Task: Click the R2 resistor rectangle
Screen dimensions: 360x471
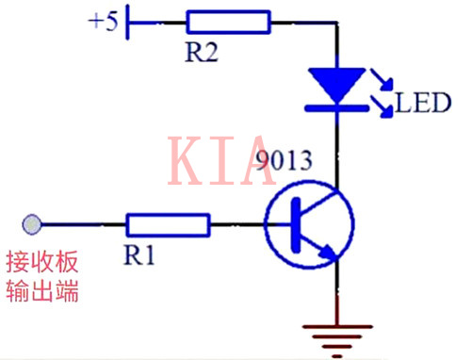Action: [228, 22]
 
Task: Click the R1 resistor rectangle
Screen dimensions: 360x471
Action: [168, 224]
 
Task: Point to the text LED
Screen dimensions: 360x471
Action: [424, 102]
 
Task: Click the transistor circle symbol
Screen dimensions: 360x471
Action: [310, 226]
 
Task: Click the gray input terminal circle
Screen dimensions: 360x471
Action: [32, 224]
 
